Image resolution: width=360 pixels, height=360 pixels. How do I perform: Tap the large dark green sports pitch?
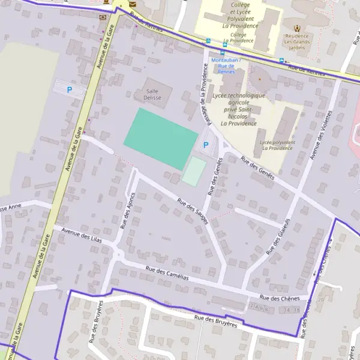(161, 139)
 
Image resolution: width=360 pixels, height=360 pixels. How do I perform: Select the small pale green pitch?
(194, 172)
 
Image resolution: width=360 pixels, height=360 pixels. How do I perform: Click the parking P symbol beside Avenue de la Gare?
(69, 90)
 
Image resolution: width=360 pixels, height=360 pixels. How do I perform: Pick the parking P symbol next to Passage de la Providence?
(206, 145)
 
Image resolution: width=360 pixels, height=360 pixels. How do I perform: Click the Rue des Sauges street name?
(193, 211)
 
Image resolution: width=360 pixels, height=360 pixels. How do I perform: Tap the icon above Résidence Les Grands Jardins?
(298, 28)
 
